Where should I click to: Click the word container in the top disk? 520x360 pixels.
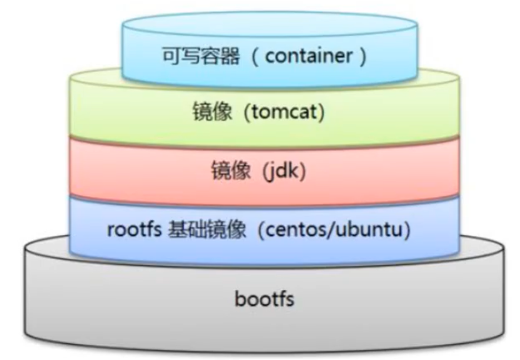tap(317, 57)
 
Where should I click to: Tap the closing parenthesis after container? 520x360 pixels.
tap(365, 57)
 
